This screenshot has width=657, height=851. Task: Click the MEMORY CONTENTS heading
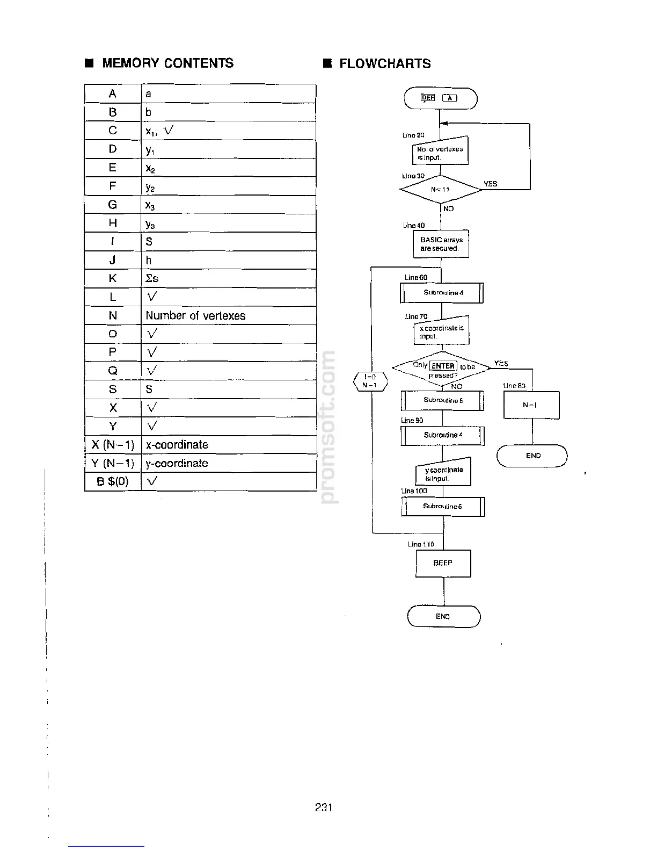167,63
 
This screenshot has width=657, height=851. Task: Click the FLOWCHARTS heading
384,64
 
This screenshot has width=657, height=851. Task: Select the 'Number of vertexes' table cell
195,316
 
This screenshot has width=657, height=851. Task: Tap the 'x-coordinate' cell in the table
177,445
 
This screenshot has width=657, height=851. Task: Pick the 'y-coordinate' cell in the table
177,463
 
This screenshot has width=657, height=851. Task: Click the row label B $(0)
113,481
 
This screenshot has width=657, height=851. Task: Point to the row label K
113,278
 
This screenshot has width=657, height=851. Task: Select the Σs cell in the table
152,278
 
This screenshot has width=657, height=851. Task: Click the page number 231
324,807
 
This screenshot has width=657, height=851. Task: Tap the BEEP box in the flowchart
443,563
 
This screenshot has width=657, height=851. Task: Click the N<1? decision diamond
441,189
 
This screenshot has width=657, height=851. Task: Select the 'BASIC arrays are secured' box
441,244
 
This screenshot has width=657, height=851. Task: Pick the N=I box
531,405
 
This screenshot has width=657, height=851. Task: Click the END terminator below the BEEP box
443,616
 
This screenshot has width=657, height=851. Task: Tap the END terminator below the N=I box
532,456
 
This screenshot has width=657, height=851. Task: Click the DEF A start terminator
440,98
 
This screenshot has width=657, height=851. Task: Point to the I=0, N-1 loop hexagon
369,381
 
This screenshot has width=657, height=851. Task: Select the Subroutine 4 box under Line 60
442,293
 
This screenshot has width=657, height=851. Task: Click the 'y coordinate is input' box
443,473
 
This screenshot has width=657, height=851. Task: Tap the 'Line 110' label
421,544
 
